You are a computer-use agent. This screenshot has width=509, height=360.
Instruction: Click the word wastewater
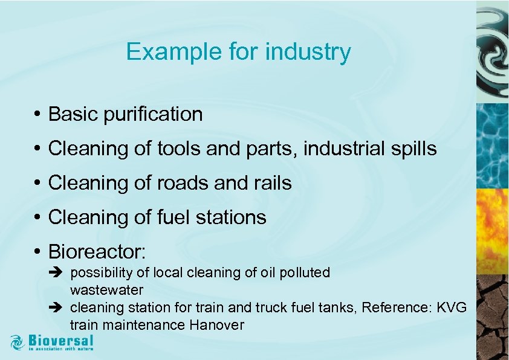[106, 291]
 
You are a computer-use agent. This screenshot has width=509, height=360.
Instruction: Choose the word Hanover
[216, 325]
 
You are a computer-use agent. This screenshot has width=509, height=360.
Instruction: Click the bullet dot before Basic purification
[37, 114]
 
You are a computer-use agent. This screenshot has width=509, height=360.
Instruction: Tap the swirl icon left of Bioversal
[18, 342]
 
